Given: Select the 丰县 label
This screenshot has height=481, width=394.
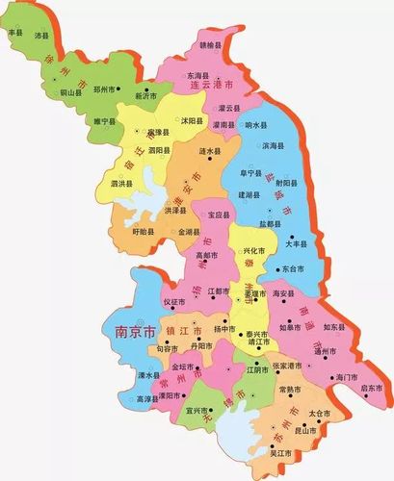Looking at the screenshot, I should coord(14,33).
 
